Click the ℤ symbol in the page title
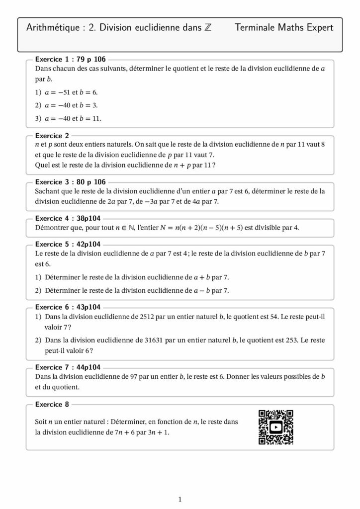[x=207, y=28]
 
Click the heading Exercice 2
[x=53, y=135]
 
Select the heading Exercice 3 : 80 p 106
[x=71, y=182]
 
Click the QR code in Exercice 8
[x=276, y=427]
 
